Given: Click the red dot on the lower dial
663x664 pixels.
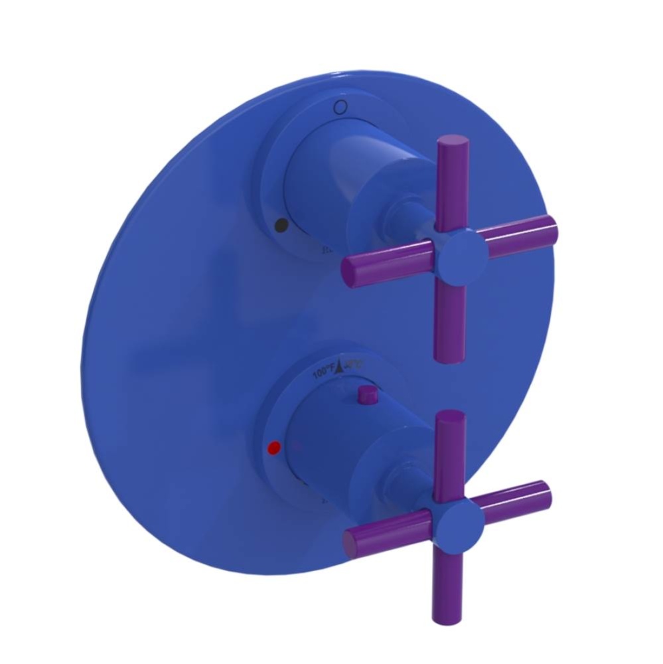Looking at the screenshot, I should point(271,448).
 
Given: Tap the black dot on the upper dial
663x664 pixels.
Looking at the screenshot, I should point(281,225).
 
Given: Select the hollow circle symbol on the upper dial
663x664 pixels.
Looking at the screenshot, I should point(340,106).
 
